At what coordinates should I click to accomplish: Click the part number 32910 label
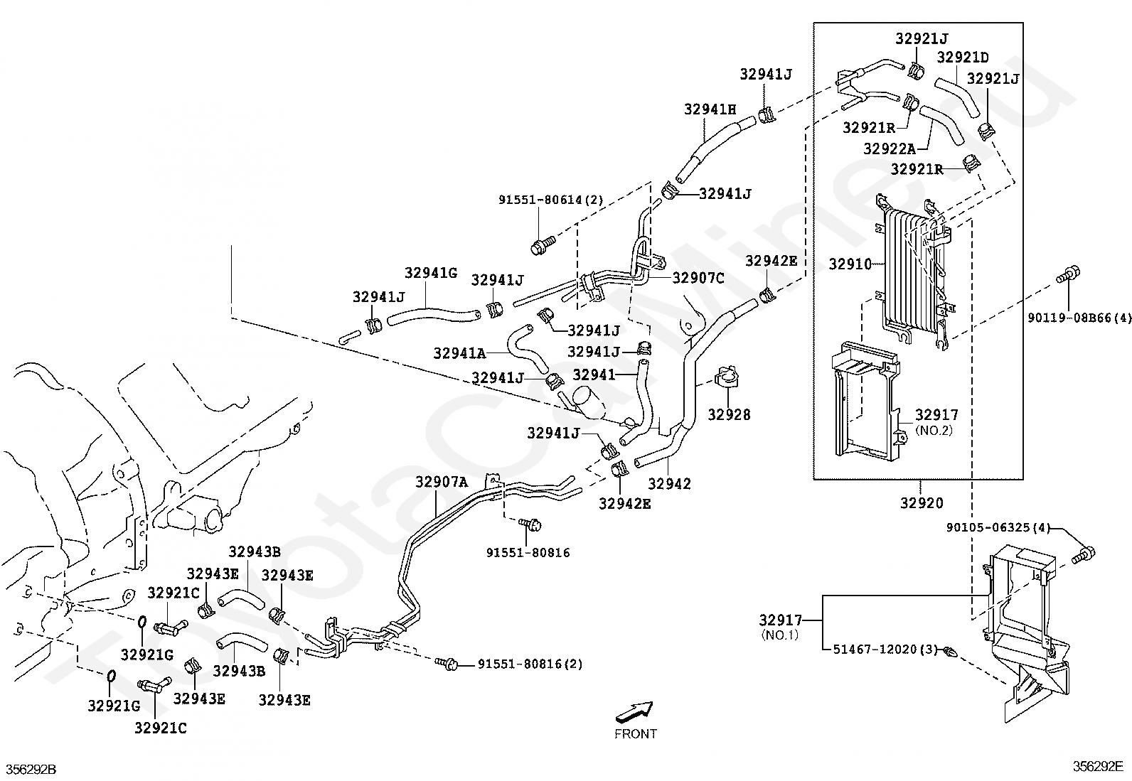click(850, 264)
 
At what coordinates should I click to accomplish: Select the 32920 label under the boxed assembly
click(922, 503)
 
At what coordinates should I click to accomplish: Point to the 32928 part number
click(729, 414)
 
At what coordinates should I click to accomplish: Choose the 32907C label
click(698, 278)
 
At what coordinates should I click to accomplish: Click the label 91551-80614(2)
click(550, 200)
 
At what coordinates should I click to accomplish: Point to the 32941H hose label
click(710, 109)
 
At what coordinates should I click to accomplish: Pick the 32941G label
click(431, 273)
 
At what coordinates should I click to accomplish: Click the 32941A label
click(459, 353)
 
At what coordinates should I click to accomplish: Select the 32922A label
click(890, 149)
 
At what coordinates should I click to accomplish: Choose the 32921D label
click(963, 58)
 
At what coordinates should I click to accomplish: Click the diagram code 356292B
click(31, 770)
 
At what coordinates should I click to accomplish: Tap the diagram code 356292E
click(1098, 766)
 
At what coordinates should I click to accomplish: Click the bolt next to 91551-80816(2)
click(449, 664)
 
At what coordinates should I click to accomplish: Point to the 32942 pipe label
click(669, 484)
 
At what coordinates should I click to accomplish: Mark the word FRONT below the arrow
click(636, 734)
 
